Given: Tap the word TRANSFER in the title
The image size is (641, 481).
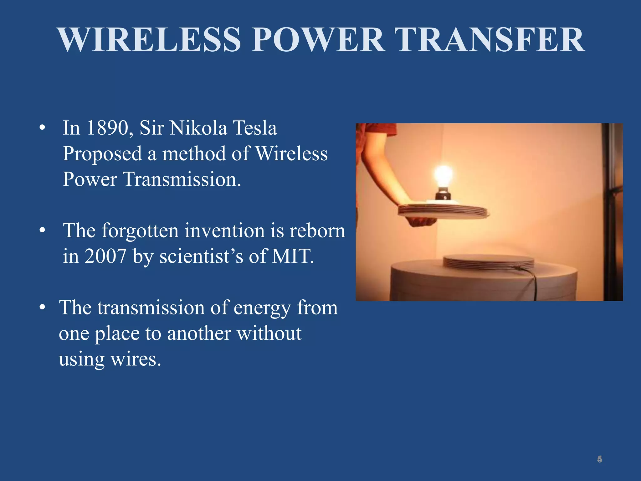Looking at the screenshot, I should pyautogui.click(x=489, y=40).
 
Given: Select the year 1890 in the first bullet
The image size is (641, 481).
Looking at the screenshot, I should pyautogui.click(x=108, y=128).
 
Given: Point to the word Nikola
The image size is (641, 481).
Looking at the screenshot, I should pyautogui.click(x=198, y=128).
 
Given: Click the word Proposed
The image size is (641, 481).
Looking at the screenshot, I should pyautogui.click(x=102, y=154).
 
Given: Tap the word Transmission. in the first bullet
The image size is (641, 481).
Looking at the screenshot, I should pyautogui.click(x=182, y=179).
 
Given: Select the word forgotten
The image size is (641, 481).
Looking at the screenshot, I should pyautogui.click(x=140, y=231).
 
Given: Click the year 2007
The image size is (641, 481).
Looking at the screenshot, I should pyautogui.click(x=105, y=256).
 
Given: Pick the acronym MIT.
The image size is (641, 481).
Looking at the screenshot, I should pyautogui.click(x=292, y=256).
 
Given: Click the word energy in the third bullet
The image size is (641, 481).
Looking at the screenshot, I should pyautogui.click(x=262, y=308).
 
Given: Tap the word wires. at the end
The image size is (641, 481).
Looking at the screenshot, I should pyautogui.click(x=136, y=359).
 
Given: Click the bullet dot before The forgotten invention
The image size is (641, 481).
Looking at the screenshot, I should pyautogui.click(x=42, y=231).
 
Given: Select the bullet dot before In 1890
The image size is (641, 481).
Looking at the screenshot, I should pyautogui.click(x=42, y=128).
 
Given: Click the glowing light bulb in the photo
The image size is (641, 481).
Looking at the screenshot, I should pyautogui.click(x=443, y=175).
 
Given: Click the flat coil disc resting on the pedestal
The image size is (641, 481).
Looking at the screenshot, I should pyautogui.click(x=488, y=261).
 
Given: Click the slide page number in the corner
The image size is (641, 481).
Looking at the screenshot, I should pyautogui.click(x=599, y=459).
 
